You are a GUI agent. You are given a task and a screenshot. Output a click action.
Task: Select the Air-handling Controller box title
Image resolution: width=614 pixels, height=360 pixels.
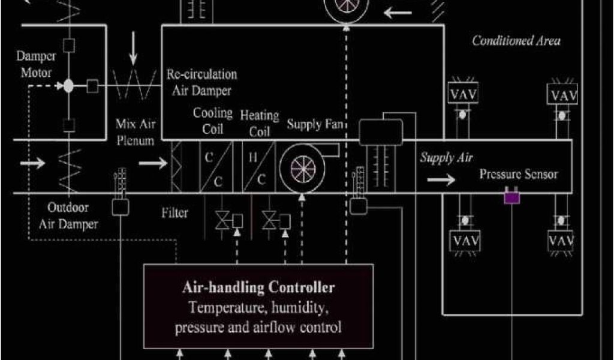pos(258,287)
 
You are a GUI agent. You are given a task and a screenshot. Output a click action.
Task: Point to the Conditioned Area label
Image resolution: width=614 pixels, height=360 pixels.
pos(516,41)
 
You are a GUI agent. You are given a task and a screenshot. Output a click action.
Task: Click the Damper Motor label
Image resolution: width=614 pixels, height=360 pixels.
pos(37,64)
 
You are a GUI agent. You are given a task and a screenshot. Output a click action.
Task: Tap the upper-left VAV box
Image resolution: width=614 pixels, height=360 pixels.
pos(463,95)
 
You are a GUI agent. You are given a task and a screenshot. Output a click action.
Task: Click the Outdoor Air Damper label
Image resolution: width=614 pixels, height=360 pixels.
pos(68,216)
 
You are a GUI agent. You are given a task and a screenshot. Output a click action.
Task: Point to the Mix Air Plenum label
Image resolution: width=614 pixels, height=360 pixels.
pos(135,133)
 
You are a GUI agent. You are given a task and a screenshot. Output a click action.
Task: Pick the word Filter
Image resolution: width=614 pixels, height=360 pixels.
pos(174,212)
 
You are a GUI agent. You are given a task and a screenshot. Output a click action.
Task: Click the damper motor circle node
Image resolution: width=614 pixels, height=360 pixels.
pos(68,86)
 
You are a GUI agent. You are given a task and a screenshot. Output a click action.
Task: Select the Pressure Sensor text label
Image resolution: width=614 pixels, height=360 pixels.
pos(519,175)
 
